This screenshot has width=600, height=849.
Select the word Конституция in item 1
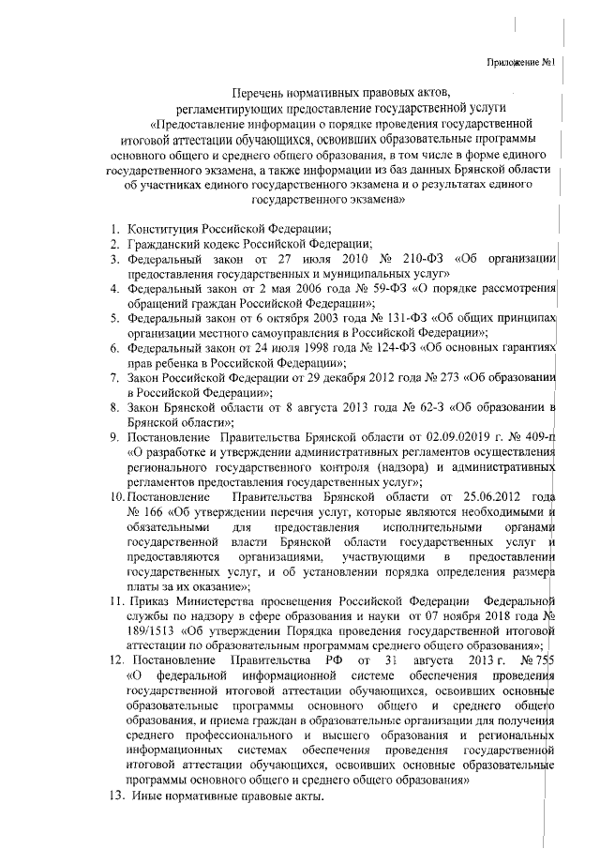tap(167, 227)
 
